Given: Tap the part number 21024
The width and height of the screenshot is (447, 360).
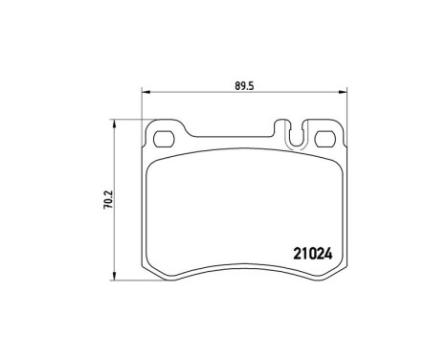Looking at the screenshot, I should coord(309,256).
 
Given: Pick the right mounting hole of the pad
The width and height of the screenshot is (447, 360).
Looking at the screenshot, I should coord(324,134).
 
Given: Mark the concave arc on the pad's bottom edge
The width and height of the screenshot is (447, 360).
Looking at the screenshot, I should coord(242,267).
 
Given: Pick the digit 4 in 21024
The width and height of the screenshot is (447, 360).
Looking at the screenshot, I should coord(327,256).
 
